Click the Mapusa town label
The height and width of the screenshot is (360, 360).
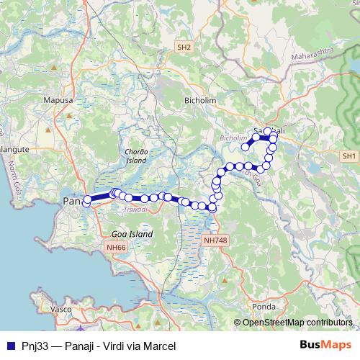59,102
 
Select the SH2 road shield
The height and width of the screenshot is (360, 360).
184,47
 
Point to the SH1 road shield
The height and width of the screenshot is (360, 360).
350,156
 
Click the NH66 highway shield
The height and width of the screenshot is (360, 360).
114,247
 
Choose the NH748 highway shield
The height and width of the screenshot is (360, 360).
215,240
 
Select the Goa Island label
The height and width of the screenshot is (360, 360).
132,235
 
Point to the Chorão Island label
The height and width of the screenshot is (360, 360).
136,156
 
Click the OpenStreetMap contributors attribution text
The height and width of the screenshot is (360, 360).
297,323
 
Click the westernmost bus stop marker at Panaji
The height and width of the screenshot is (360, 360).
86,202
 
